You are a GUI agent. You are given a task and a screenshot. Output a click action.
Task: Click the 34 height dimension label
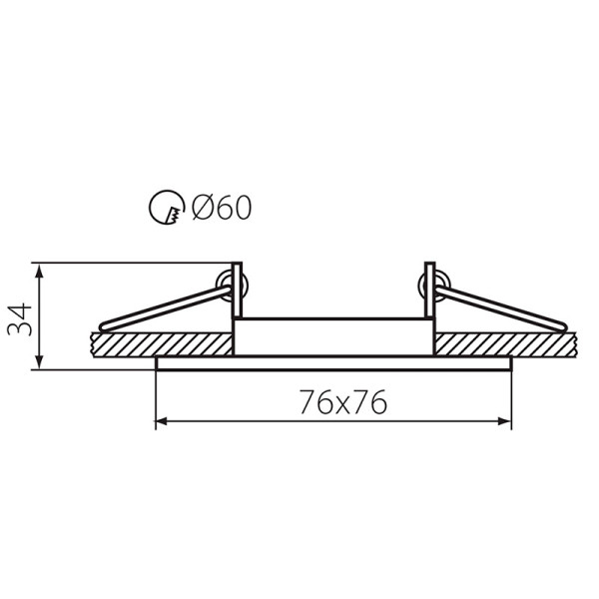[x=20, y=319]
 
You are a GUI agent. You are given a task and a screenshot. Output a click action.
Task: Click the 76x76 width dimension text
[x=343, y=402]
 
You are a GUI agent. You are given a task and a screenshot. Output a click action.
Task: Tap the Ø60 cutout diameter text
[x=222, y=208]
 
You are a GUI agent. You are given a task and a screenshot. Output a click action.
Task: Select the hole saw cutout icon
[x=167, y=207]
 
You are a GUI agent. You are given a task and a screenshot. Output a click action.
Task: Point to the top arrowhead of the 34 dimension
[x=39, y=271]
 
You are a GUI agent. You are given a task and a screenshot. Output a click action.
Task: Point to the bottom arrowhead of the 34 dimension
[x=39, y=361]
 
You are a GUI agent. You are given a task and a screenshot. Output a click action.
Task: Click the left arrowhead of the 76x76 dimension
[x=163, y=421]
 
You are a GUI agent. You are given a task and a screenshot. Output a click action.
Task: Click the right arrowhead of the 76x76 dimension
[x=504, y=421]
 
